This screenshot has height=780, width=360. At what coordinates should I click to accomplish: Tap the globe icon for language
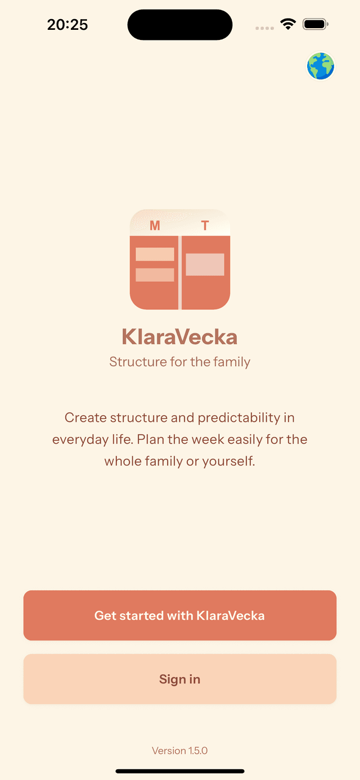pos(321,66)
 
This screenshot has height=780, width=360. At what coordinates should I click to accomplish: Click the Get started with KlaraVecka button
pos(180,615)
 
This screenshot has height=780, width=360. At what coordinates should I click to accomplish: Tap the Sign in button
pos(180,679)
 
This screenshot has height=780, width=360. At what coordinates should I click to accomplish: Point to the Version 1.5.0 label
pos(180,751)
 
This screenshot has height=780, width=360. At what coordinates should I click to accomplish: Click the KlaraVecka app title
pos(180,337)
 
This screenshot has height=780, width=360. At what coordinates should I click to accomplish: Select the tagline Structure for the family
pos(180,362)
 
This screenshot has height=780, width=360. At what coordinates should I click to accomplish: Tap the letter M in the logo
pos(155,226)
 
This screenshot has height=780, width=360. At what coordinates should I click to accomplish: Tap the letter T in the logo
pos(205,226)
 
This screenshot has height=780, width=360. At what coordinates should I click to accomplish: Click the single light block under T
pos(205,264)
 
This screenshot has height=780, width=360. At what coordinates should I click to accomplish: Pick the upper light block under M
pos(155,254)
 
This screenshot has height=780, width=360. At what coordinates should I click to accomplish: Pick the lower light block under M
pos(155,274)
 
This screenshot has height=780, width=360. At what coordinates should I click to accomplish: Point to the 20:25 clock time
pos(67,25)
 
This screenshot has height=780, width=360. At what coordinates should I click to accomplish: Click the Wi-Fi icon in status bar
pos(289,24)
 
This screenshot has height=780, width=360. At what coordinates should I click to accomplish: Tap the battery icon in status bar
pos(315,24)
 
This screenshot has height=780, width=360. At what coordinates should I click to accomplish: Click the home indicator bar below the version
pos(180,771)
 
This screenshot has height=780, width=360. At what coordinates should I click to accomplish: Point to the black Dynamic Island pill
pos(180,25)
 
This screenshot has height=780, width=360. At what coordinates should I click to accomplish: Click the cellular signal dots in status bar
pos(264,28)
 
